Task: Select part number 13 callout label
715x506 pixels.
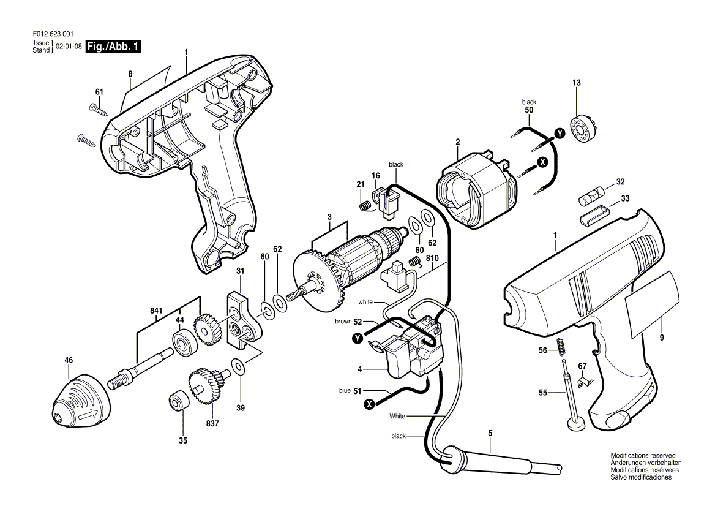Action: (576, 83)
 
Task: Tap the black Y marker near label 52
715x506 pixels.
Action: (357, 338)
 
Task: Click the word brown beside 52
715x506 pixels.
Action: (343, 322)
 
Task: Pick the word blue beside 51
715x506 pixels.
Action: (345, 390)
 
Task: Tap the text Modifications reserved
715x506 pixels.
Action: (643, 456)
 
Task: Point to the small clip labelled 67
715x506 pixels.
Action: (583, 382)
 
